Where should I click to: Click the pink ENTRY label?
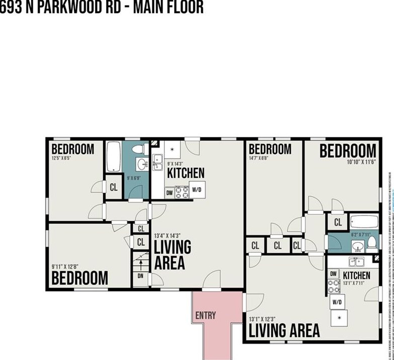(x=205, y=316)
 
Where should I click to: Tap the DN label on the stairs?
(x=140, y=276)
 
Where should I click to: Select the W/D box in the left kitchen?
(x=197, y=190)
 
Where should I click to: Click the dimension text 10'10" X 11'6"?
(x=361, y=163)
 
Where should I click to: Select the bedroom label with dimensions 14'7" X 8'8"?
(x=270, y=149)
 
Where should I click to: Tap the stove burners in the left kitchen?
(x=182, y=191)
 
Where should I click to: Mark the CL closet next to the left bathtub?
(x=113, y=187)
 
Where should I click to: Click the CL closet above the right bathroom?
(x=338, y=222)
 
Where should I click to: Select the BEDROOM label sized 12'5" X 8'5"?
(x=72, y=149)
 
